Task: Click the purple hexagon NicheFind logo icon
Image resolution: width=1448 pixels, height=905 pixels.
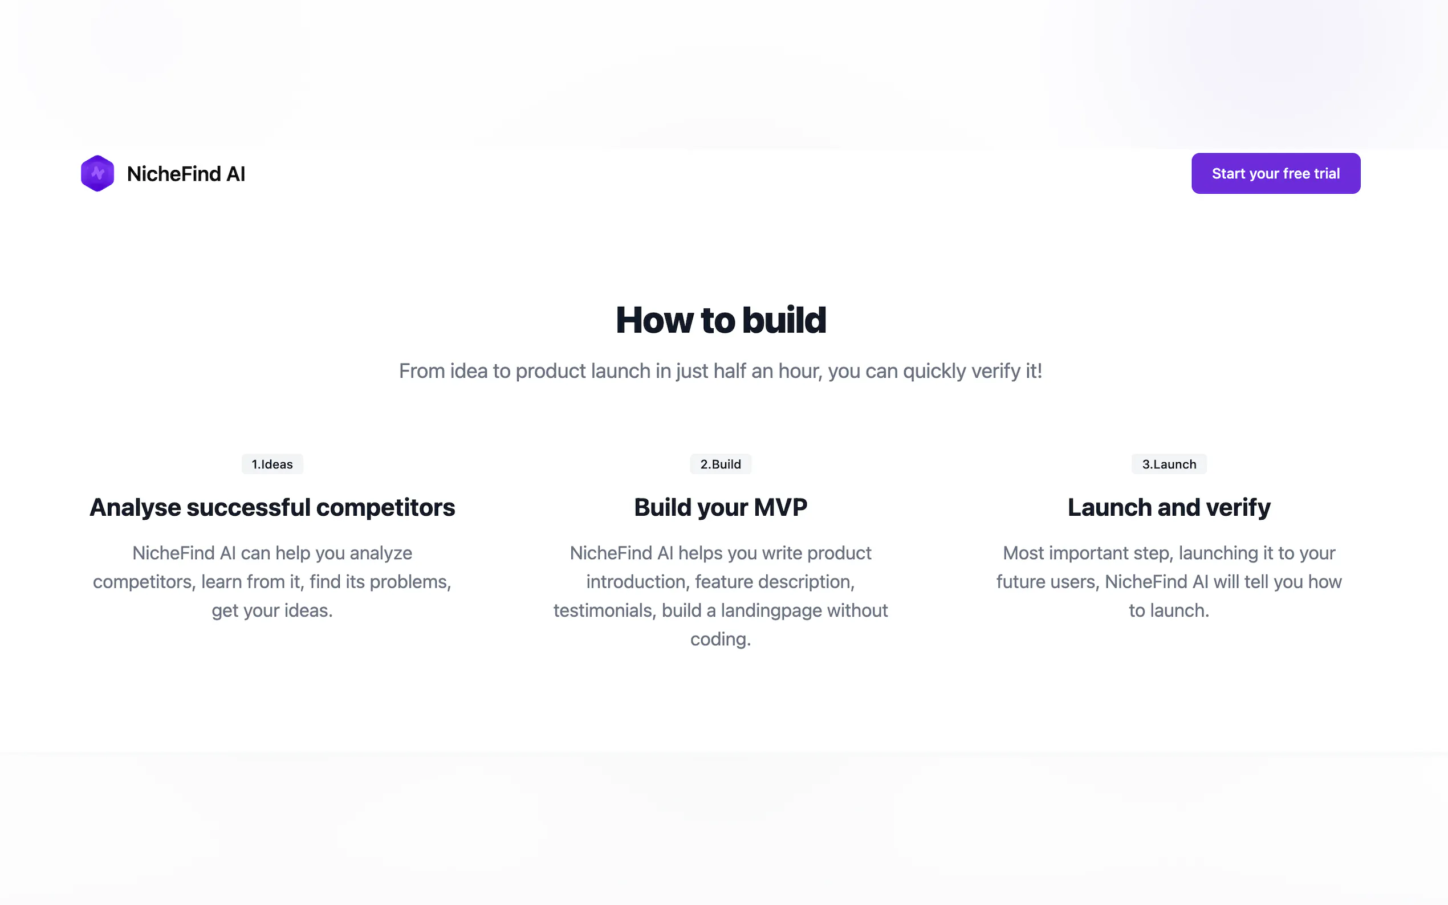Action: (x=97, y=174)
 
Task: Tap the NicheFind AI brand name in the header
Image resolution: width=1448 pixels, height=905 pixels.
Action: (x=186, y=174)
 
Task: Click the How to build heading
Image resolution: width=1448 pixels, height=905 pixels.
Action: (x=721, y=320)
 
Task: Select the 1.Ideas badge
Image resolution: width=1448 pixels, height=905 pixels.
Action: (x=272, y=464)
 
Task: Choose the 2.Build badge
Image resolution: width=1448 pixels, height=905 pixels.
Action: (x=721, y=464)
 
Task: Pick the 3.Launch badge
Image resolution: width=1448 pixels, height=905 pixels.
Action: (x=1169, y=464)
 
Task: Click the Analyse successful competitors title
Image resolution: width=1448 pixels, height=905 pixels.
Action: (x=272, y=508)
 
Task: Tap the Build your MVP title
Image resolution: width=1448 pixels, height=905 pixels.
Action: (x=721, y=508)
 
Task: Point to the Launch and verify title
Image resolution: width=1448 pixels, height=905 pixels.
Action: (x=1169, y=508)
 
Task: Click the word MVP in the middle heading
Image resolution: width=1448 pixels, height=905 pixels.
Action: (x=780, y=508)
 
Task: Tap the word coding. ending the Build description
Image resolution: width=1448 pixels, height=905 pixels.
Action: (x=721, y=640)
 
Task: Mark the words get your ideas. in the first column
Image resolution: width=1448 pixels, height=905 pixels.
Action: (x=272, y=611)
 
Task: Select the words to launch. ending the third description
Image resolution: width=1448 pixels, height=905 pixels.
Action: (x=1169, y=610)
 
